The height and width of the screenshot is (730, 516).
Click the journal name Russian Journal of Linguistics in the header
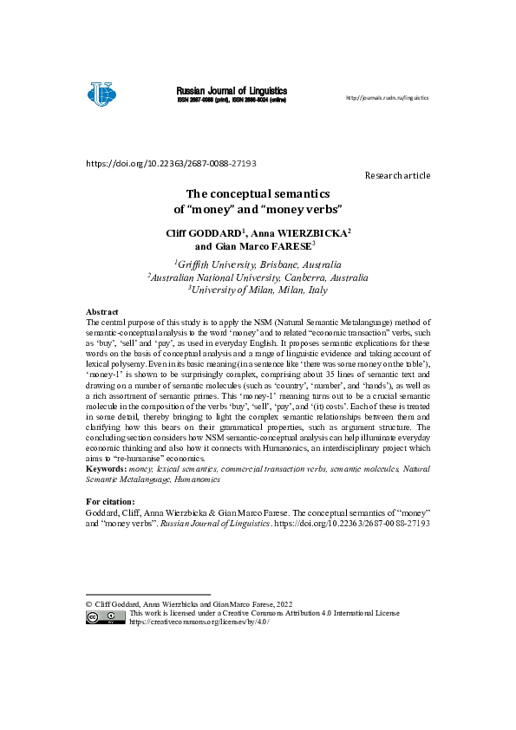pyautogui.click(x=232, y=90)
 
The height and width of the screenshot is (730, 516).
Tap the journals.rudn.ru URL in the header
pyautogui.click(x=387, y=98)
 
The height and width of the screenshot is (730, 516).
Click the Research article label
pyautogui.click(x=397, y=175)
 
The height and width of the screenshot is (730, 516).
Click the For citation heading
pyautogui.click(x=110, y=502)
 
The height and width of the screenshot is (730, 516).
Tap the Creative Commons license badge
pyautogui.click(x=105, y=617)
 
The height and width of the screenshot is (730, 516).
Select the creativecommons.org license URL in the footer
pyautogui.click(x=193, y=622)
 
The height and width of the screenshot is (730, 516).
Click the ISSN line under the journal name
pyautogui.click(x=232, y=101)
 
